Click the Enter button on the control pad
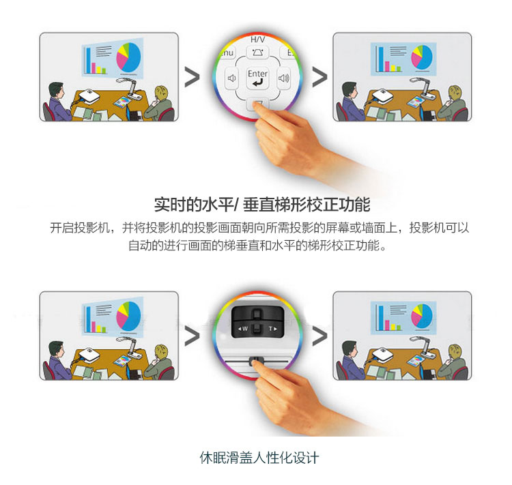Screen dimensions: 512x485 tap(257, 78)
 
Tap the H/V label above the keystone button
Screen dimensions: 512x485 tap(257, 40)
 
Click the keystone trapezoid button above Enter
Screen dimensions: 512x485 tap(257, 53)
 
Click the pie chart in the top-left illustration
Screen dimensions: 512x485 tap(128, 57)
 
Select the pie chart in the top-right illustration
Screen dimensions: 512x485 tap(422, 57)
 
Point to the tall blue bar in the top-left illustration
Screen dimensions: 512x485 tap(88, 61)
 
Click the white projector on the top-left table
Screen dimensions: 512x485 tap(89, 96)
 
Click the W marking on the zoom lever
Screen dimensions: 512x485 tap(245, 329)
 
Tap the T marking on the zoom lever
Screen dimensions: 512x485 tap(270, 329)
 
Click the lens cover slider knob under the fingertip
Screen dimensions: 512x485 tap(256, 360)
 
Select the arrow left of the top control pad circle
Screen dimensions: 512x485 tap(192, 77)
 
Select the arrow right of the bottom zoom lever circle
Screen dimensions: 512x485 tap(319, 336)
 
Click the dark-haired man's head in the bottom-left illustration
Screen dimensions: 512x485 tap(56, 349)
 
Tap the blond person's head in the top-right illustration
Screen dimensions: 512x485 tap(454, 93)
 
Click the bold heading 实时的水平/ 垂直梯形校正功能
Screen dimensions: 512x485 tap(262, 205)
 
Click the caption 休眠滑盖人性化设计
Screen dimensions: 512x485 tap(259, 457)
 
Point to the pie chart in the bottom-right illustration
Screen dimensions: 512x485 tap(422, 316)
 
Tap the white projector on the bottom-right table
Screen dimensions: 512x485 tap(382, 354)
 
